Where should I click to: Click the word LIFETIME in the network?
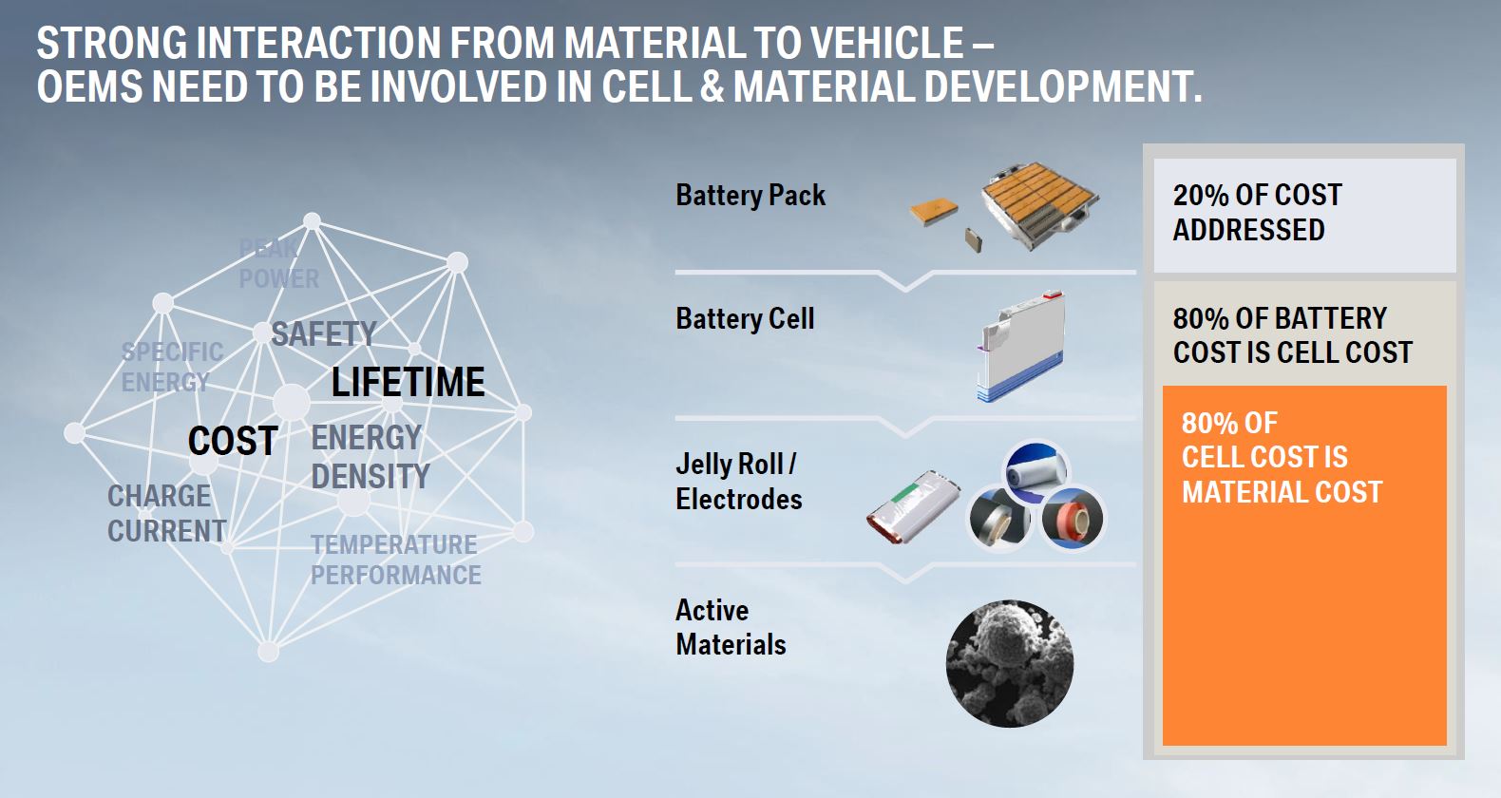pos(408,382)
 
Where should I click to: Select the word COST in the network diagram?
pos(233,441)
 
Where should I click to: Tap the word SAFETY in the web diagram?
pos(324,333)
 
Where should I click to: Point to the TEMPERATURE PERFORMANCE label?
pos(395,560)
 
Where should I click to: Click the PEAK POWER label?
pos(278,264)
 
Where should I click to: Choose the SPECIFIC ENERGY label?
pos(172,367)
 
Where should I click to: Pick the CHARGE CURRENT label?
pos(167,514)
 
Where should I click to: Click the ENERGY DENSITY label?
pos(370,458)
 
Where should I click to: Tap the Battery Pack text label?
pos(750,196)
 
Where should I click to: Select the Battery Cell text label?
pos(745,319)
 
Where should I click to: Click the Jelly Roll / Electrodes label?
pos(738,482)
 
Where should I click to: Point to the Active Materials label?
pos(731,628)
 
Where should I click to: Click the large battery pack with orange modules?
pos(1039,206)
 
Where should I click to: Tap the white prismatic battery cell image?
pos(1020,347)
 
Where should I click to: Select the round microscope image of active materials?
pos(1010,663)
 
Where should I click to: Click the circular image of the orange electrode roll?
pos(1073,519)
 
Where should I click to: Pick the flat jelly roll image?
pos(913,506)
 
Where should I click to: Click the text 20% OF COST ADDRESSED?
pos(1257,213)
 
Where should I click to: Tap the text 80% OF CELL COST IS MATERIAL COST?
pos(1282,458)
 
